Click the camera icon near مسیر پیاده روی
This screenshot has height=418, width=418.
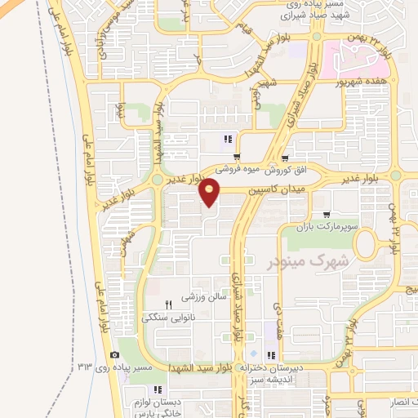point(114,354)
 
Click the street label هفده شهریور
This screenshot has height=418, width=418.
point(362,82)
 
